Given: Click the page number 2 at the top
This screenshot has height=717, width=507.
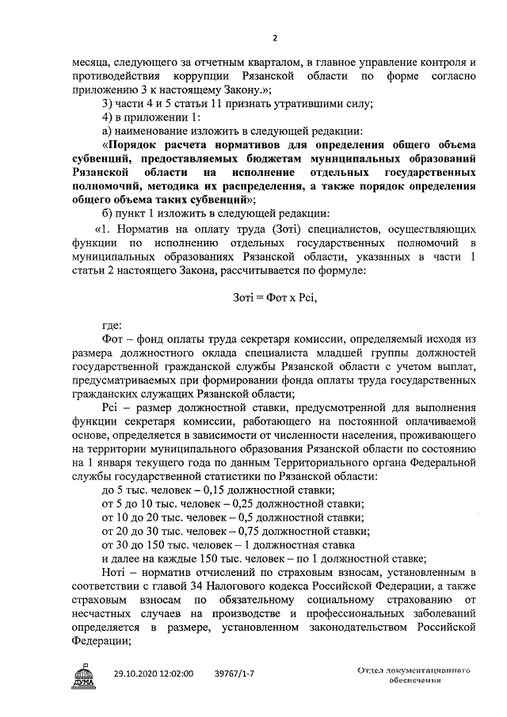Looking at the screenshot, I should pyautogui.click(x=275, y=37).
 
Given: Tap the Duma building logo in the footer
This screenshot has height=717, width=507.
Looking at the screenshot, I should pyautogui.click(x=83, y=678).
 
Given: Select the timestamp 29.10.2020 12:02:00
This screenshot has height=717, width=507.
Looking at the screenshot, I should pyautogui.click(x=154, y=673).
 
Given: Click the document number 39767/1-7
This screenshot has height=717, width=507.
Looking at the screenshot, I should pyautogui.click(x=234, y=673).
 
